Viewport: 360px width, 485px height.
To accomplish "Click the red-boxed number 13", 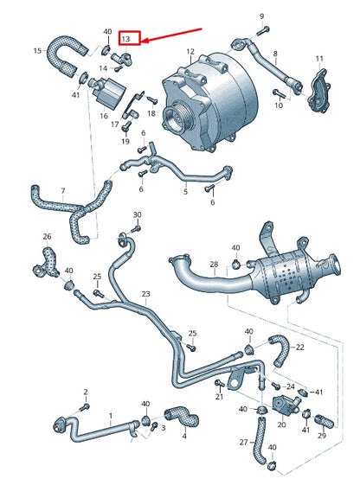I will click(127, 39).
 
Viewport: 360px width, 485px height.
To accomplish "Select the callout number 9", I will click(262, 16).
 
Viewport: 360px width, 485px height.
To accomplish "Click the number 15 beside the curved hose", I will click(37, 51).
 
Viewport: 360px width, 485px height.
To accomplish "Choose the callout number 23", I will click(145, 294).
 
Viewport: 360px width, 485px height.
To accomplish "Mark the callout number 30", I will click(136, 214).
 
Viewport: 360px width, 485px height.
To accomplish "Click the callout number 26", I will click(47, 236).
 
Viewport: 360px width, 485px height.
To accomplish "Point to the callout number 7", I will click(61, 190).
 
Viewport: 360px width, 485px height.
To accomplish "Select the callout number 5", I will click(184, 192).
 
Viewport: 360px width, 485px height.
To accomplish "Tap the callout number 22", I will click(299, 348).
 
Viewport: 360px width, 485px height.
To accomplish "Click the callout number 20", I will click(282, 424).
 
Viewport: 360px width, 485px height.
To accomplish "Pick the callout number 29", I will click(322, 434).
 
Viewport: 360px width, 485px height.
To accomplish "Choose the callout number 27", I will click(243, 442).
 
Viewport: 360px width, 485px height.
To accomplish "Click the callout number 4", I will click(184, 436).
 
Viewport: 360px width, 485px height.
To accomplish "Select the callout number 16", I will click(104, 114).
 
